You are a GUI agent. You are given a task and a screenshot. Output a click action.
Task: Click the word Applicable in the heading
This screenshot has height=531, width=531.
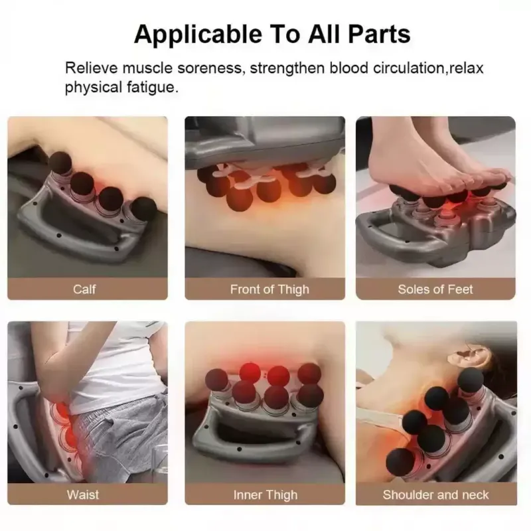tap(198, 35)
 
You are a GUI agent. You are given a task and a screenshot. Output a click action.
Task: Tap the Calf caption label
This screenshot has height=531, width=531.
tap(84, 289)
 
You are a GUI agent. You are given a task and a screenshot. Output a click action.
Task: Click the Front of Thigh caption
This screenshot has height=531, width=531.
tap(269, 289)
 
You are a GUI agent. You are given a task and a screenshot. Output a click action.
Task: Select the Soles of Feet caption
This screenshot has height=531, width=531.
tap(435, 289)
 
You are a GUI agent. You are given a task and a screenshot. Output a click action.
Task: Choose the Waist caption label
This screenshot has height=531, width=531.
tap(83, 494)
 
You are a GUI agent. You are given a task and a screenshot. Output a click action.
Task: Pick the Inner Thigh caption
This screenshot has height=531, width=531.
tap(265, 495)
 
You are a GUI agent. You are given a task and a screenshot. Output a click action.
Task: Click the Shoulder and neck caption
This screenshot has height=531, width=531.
tap(435, 494)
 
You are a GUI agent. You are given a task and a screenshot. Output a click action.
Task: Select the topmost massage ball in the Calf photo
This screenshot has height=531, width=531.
tap(60, 163)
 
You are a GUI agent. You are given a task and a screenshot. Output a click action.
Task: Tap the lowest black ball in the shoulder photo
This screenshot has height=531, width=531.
tap(400, 462)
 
